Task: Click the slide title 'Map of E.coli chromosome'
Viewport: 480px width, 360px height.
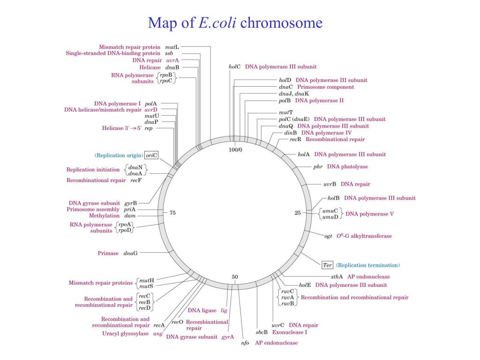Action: click(235, 22)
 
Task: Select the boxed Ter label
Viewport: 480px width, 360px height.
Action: click(328, 265)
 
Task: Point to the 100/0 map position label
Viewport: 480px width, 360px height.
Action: click(235, 150)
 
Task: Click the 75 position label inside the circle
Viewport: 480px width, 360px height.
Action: click(172, 213)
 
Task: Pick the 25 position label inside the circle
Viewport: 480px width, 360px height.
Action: click(298, 213)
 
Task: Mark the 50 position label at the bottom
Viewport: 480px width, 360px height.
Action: click(235, 277)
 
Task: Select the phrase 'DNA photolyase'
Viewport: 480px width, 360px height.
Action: click(347, 166)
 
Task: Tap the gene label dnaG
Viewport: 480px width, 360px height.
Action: click(130, 253)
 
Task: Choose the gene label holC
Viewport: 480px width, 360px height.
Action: click(235, 67)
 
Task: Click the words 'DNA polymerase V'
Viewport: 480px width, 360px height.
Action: click(369, 214)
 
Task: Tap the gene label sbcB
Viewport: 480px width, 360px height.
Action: click(261, 332)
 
